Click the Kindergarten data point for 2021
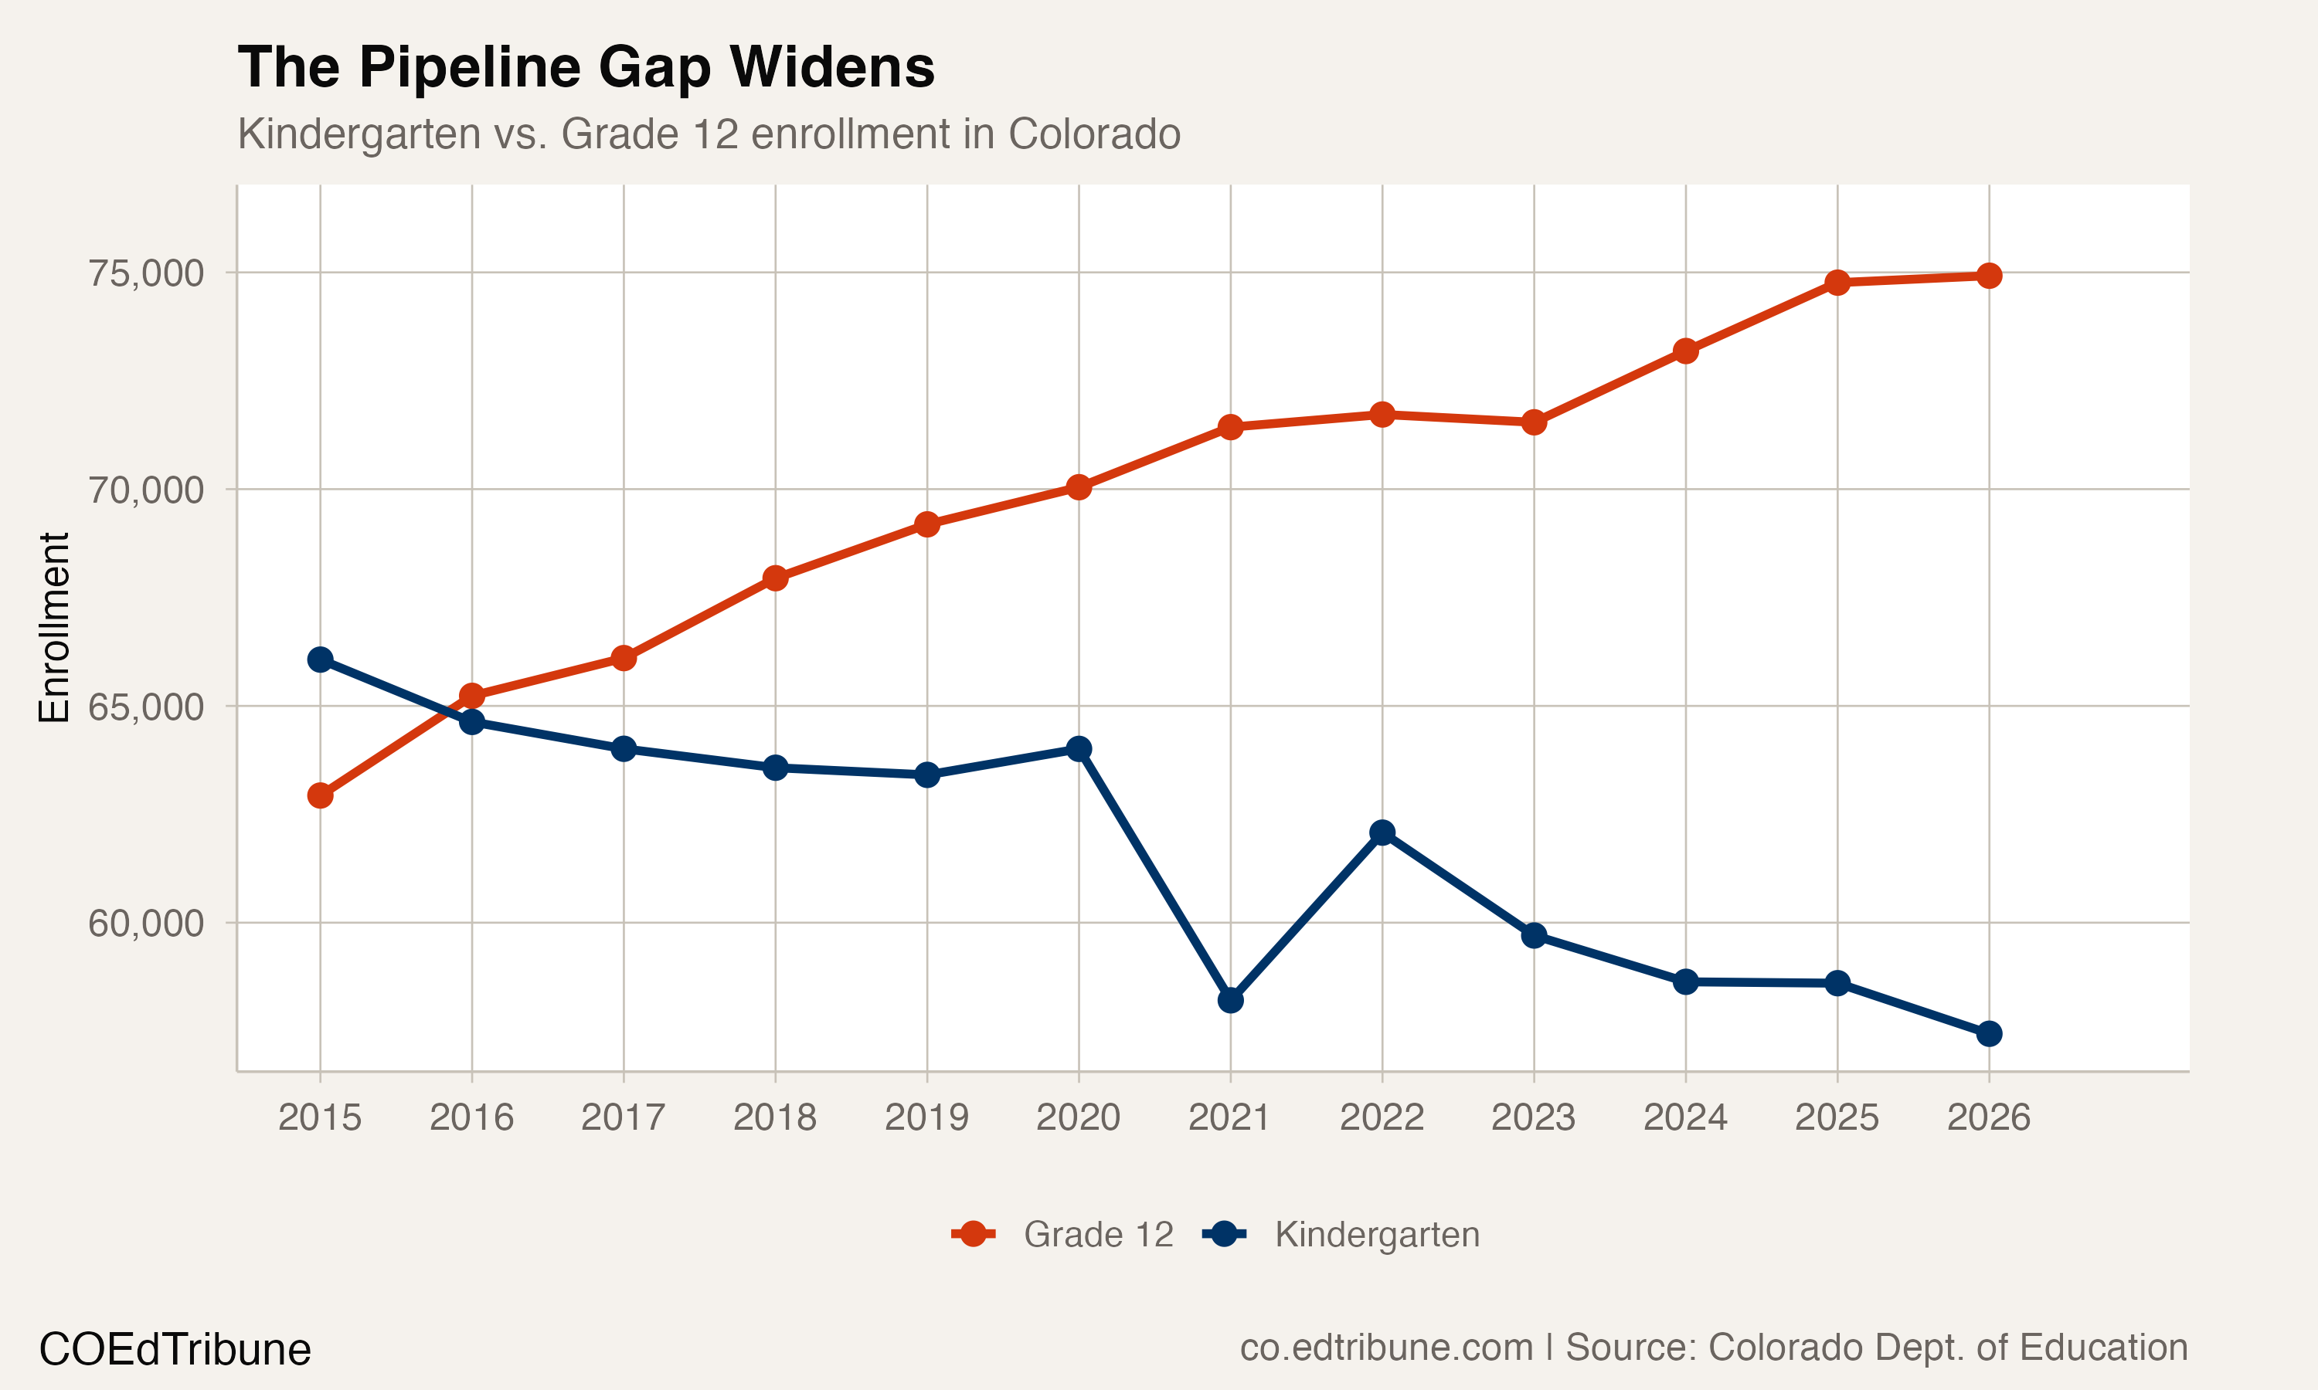click(1230, 1000)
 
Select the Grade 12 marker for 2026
click(1989, 276)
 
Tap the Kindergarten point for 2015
click(321, 659)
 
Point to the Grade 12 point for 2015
click(321, 795)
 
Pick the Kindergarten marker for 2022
click(1382, 832)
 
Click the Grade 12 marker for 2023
click(1534, 422)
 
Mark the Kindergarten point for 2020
click(1079, 748)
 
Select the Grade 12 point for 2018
click(775, 578)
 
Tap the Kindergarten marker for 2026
click(1989, 1034)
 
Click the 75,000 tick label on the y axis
click(146, 273)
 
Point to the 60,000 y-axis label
click(146, 924)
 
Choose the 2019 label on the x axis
click(926, 1117)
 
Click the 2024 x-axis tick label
click(1685, 1117)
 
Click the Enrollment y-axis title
click(54, 628)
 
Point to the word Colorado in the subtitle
click(1093, 134)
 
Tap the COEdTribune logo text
click(175, 1350)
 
